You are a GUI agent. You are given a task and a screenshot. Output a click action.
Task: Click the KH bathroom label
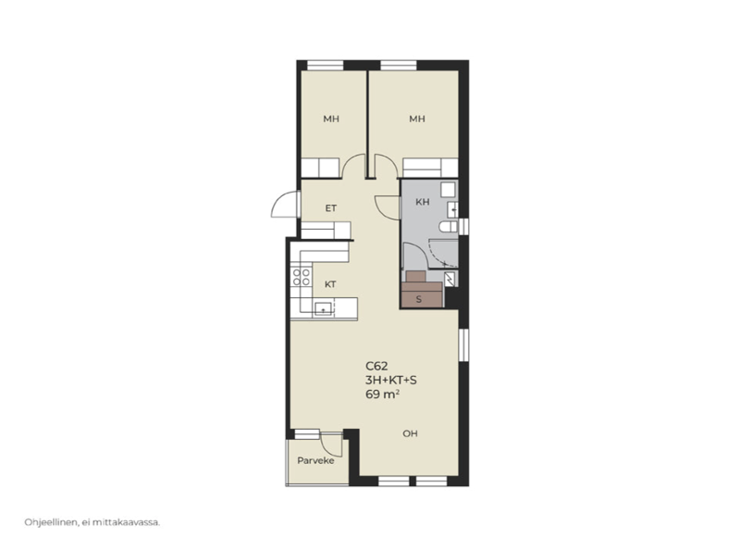pos(423,202)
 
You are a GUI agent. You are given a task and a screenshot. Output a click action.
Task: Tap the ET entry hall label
pos(331,208)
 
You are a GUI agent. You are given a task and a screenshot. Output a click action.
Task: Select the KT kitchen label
pos(330,284)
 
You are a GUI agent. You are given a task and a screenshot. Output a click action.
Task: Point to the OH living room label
pos(410,433)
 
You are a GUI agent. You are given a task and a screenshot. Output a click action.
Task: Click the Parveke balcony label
pos(315,460)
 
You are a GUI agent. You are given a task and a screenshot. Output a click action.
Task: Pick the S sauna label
pos(419,299)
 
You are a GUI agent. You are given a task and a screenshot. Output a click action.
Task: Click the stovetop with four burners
pos(302,277)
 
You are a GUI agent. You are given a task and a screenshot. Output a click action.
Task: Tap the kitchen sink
pos(323,308)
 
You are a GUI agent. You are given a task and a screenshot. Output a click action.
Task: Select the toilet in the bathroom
pos(448,227)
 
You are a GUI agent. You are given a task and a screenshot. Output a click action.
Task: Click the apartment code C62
pos(376,366)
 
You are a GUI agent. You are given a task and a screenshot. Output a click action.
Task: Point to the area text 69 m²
pos(382,394)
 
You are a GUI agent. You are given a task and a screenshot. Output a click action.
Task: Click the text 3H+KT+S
pos(390,380)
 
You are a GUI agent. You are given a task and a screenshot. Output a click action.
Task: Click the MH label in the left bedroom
pos(331,119)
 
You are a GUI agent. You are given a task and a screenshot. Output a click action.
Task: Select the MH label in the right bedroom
pos(417,119)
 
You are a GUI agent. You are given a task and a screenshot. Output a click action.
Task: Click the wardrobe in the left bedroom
pos(320,168)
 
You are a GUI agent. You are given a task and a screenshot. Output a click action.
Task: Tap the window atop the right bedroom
pos(399,65)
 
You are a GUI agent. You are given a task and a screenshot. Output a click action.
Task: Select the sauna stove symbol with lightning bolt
pos(450,279)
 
